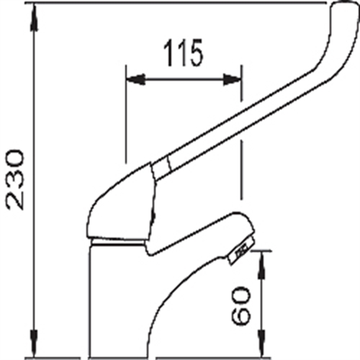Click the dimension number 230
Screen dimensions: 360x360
click(15, 180)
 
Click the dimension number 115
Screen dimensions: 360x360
click(184, 53)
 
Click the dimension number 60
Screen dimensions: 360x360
click(240, 306)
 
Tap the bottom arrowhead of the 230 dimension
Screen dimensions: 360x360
click(35, 343)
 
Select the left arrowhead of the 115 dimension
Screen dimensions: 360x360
click(136, 79)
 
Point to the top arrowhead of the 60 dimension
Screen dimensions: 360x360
click(262, 265)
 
